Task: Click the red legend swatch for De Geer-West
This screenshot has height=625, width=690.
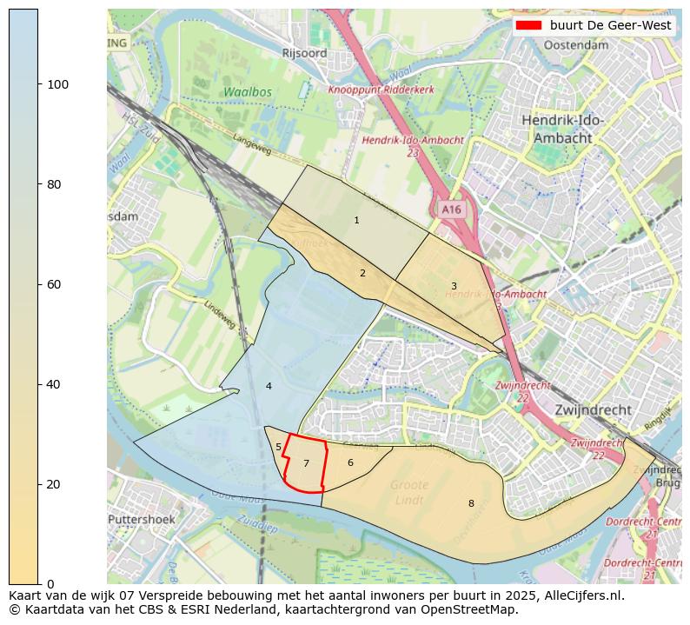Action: pos(527,26)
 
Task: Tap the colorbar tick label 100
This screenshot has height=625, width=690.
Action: pos(57,84)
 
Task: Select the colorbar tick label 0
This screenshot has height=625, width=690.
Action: pos(50,583)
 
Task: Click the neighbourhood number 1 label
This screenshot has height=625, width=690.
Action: pos(356,221)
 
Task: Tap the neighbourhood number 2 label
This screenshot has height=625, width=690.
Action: pos(362,273)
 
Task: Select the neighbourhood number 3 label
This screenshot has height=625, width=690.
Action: pos(454,286)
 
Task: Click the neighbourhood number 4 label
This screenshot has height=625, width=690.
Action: pos(269,386)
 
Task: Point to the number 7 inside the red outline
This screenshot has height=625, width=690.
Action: pos(306,464)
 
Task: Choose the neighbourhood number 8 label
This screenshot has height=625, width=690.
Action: pos(471,503)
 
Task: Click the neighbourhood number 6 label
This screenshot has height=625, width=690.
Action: pos(350,462)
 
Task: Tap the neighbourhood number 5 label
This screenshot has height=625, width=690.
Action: pos(278,448)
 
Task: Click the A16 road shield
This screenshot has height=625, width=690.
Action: pos(451,209)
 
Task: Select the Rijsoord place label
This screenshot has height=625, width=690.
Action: pos(304,53)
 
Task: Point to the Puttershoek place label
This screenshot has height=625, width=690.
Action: pos(142,520)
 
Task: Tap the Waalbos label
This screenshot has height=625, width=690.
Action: pos(247,92)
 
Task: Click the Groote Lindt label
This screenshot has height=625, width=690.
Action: pos(409,492)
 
